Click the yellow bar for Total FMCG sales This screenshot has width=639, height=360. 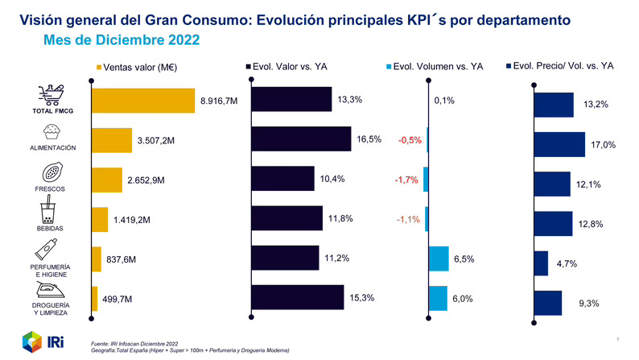[x=143, y=101]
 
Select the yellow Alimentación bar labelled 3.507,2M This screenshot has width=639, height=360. [x=112, y=140]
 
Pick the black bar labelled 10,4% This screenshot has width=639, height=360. [x=283, y=179]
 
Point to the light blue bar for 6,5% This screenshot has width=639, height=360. [x=438, y=259]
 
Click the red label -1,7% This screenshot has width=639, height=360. [x=406, y=180]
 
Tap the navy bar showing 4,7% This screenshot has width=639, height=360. [x=541, y=263]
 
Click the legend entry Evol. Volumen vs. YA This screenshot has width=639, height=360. [x=435, y=66]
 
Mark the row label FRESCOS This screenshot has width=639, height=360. [x=49, y=188]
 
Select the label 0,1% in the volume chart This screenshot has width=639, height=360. [x=444, y=101]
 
